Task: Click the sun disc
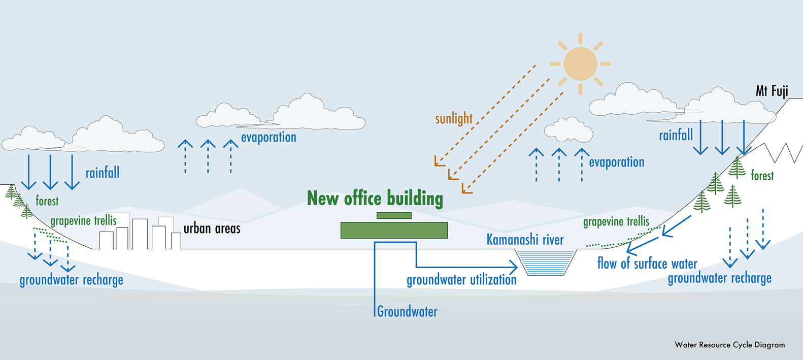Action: click(580, 64)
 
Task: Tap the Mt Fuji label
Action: click(772, 91)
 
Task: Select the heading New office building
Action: click(375, 199)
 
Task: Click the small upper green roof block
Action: click(394, 215)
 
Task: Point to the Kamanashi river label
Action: click(525, 240)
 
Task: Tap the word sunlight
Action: click(454, 119)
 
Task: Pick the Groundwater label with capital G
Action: click(407, 311)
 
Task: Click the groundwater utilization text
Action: click(461, 280)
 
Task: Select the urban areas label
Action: click(212, 228)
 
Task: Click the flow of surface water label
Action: click(647, 264)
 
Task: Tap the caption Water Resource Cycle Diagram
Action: click(729, 345)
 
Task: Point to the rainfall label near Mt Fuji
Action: click(676, 135)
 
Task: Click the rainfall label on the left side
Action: click(103, 173)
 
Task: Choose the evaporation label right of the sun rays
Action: click(616, 162)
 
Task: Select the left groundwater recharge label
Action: click(72, 280)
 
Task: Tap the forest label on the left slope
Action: click(47, 201)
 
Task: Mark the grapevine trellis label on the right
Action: click(616, 222)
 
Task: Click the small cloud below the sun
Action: click(568, 130)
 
